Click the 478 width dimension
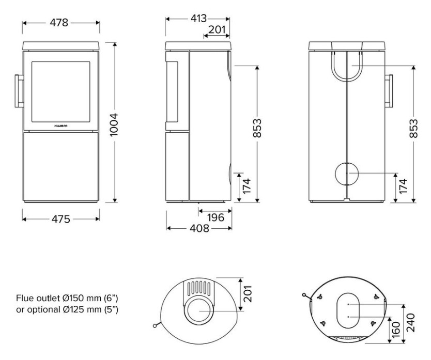point(59,23)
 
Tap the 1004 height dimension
point(113,124)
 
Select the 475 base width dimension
point(61,219)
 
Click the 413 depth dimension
point(198,19)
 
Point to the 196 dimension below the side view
point(216,217)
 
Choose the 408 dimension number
point(199,228)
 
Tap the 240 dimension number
point(410,323)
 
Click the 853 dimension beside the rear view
point(413,128)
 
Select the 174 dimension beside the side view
point(247,186)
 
